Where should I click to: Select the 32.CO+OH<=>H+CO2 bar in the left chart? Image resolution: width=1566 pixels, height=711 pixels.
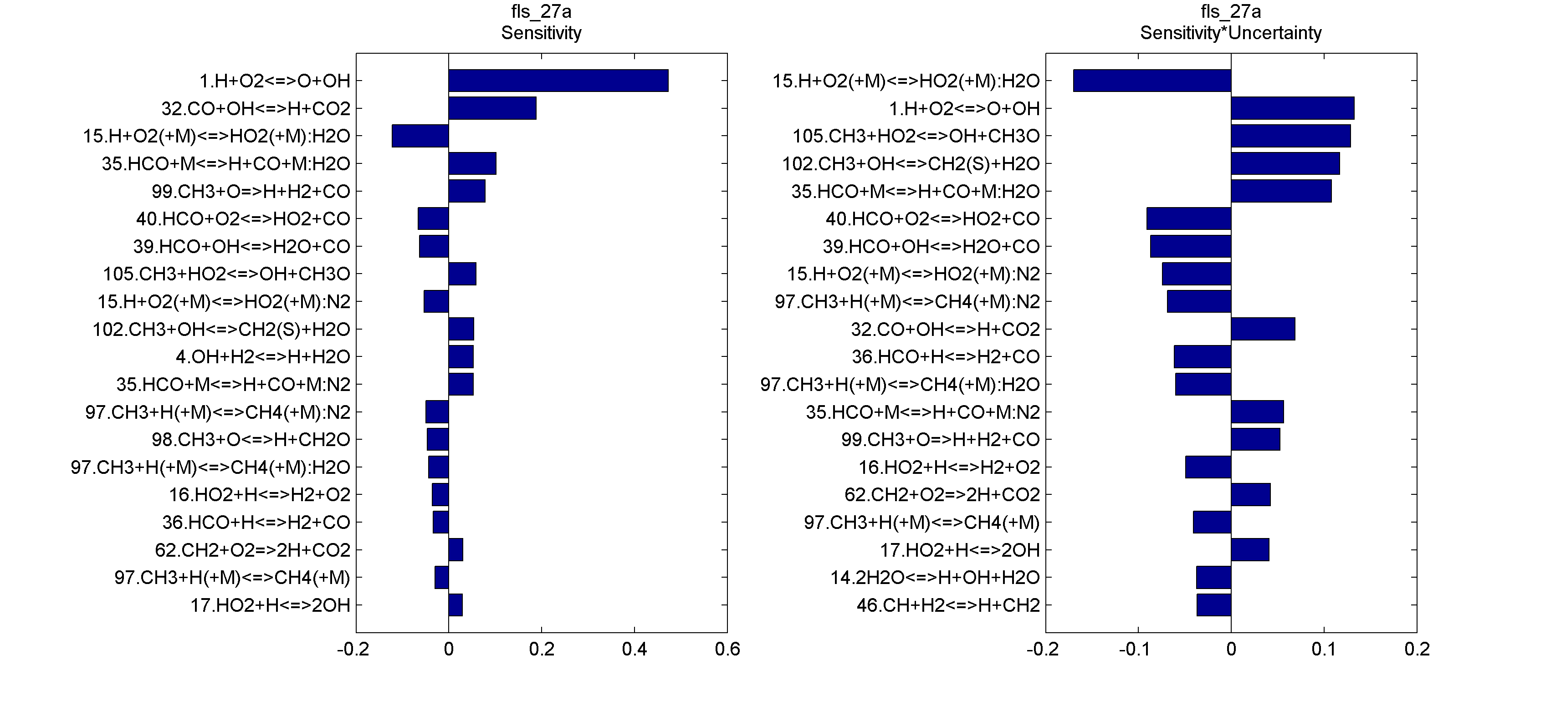coord(492,108)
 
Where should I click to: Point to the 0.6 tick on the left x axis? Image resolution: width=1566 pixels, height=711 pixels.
coord(727,650)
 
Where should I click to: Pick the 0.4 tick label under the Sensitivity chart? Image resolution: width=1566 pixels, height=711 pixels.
coord(634,650)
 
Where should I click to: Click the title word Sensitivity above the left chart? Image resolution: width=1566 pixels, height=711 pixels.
coord(541,33)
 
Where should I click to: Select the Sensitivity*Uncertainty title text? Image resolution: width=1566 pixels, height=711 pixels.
coord(1230,33)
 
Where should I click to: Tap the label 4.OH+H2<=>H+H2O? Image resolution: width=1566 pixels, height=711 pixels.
coord(263,357)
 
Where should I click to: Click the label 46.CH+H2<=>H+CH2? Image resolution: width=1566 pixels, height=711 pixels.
coord(948,605)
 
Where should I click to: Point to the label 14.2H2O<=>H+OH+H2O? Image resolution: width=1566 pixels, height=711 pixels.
coord(935,577)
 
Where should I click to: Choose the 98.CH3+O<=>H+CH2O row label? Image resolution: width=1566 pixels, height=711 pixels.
coord(251,439)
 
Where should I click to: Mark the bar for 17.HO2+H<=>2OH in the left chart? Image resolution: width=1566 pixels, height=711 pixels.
coord(455,605)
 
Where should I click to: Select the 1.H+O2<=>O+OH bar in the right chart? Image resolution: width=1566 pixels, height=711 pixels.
coord(1292,108)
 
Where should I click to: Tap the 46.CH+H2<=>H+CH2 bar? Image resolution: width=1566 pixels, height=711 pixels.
coord(1213,605)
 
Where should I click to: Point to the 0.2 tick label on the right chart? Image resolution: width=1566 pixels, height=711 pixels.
coord(1417,650)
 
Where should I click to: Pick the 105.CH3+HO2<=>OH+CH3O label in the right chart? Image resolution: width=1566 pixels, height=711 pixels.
coord(916,136)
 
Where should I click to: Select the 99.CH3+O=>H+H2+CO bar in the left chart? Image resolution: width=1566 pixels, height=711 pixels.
coord(467,191)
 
